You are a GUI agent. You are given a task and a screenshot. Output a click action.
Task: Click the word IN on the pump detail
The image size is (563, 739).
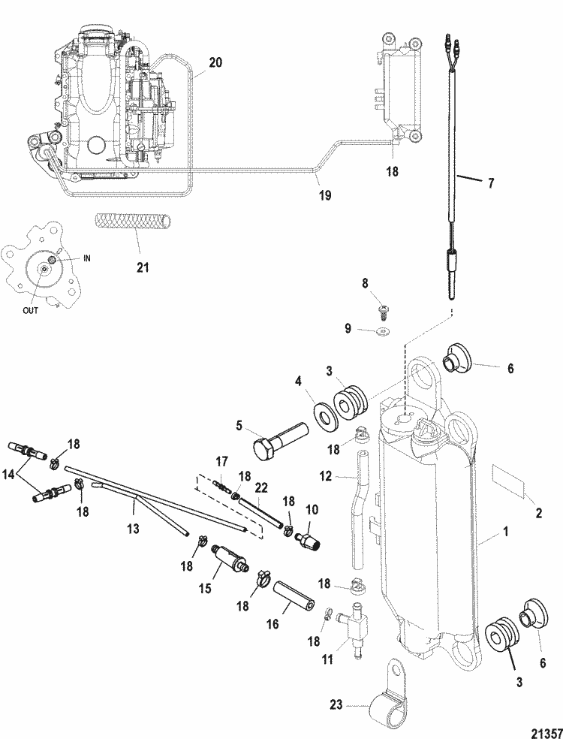click(x=86, y=258)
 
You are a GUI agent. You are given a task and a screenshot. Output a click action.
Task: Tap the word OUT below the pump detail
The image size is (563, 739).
click(x=31, y=310)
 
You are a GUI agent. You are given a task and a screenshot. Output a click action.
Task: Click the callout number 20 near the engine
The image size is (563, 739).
click(x=215, y=62)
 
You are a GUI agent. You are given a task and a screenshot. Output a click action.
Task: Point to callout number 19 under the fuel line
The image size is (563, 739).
click(x=324, y=195)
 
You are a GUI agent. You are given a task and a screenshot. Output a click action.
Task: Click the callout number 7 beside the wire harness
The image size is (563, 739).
click(x=491, y=182)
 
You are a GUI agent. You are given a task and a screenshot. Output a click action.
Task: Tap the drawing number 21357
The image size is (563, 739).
click(x=547, y=733)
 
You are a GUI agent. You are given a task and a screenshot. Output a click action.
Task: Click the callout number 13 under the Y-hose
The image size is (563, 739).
click(x=134, y=529)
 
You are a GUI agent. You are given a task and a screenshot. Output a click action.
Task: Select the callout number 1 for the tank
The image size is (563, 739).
click(x=505, y=532)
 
